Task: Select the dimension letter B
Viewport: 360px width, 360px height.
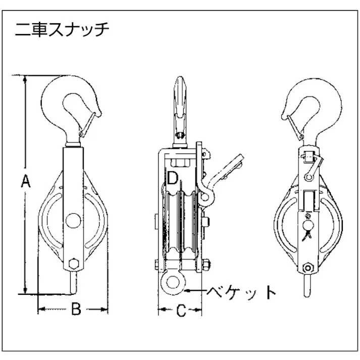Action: pyautogui.click(x=75, y=309)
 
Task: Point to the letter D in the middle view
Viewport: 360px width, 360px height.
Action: pyautogui.click(x=172, y=178)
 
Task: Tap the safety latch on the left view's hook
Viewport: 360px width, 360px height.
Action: pyautogui.click(x=87, y=123)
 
